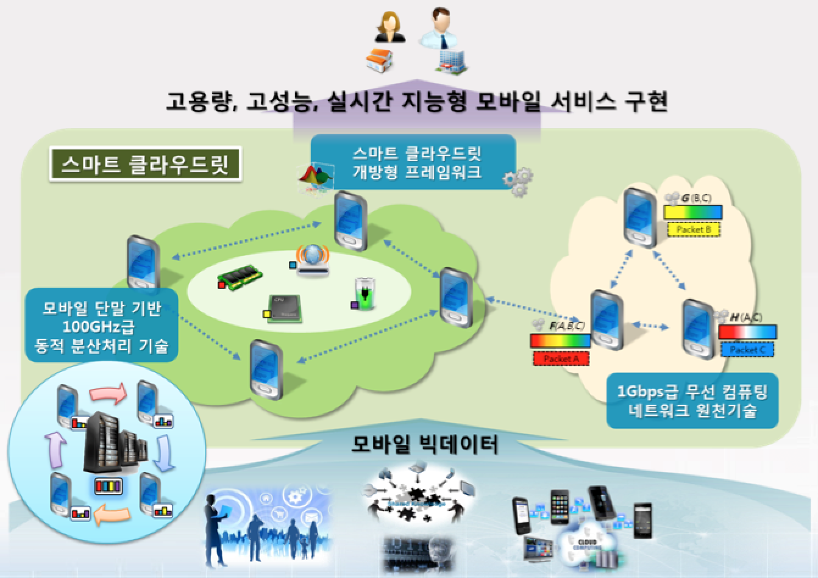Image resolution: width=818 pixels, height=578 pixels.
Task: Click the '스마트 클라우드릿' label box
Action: (x=145, y=163)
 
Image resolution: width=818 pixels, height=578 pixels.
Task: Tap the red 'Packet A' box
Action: (x=561, y=359)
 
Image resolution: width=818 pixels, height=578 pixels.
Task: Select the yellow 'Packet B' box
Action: (x=694, y=230)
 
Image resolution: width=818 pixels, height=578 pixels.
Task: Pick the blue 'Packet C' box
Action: (x=747, y=349)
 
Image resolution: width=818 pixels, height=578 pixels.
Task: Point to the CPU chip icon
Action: (x=284, y=307)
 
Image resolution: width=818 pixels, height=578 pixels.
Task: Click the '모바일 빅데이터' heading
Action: (x=425, y=444)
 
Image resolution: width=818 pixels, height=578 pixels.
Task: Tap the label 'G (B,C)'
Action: (x=695, y=198)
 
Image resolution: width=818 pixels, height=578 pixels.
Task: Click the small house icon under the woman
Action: (x=379, y=59)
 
